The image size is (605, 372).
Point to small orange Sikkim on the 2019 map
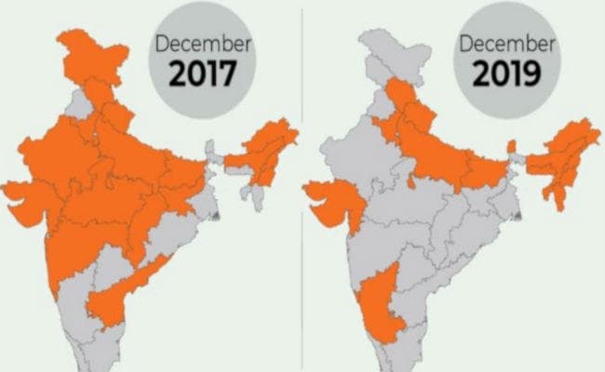(510, 146)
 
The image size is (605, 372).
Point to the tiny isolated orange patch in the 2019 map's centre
(411, 179)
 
